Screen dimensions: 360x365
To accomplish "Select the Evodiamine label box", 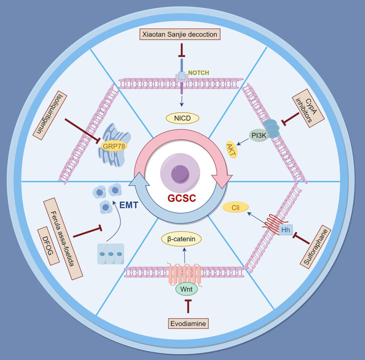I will [188, 324].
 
